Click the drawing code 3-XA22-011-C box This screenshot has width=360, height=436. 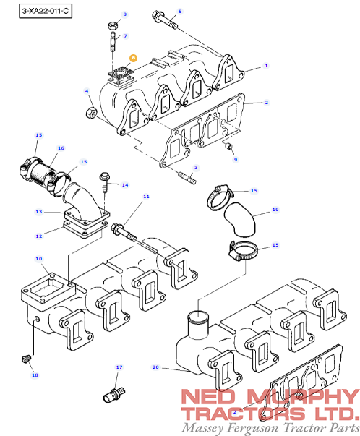tap(46, 11)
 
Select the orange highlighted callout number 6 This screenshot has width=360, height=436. tap(134, 58)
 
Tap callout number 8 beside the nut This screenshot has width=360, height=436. tap(125, 14)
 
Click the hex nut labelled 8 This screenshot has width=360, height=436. tap(113, 26)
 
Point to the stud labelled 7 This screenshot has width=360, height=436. tap(113, 42)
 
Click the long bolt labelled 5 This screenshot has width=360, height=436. tap(165, 20)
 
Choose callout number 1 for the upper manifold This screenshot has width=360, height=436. tap(266, 66)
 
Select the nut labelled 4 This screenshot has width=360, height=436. tap(90, 113)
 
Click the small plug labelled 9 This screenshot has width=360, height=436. tap(228, 146)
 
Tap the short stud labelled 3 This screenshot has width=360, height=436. tap(187, 178)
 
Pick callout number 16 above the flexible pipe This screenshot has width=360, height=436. tap(61, 148)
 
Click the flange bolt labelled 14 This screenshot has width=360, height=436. tap(105, 182)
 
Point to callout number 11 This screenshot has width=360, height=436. tap(146, 197)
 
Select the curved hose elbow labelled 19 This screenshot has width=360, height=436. tap(240, 220)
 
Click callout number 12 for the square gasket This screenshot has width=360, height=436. tap(39, 236)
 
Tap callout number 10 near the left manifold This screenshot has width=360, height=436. tap(38, 259)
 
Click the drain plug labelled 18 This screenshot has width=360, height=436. tap(26, 359)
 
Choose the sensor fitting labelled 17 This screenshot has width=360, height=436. tap(114, 395)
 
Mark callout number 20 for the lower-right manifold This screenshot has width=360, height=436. tap(155, 367)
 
